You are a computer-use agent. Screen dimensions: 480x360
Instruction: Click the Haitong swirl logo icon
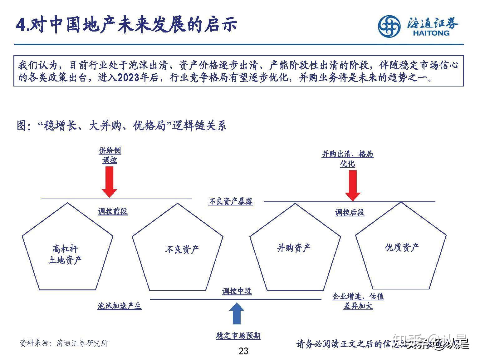[x=389, y=27]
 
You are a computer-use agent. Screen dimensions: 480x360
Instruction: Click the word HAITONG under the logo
[x=431, y=33]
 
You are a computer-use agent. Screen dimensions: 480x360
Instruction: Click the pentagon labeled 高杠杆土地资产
[x=67, y=250]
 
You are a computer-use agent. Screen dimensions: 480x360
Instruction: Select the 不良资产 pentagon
[x=178, y=250]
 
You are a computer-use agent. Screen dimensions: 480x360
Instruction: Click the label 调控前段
[x=113, y=212]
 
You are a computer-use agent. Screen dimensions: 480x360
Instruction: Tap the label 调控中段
[x=237, y=291]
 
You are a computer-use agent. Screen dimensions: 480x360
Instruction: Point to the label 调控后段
[x=350, y=213]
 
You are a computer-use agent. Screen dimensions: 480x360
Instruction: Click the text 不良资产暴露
[x=230, y=201]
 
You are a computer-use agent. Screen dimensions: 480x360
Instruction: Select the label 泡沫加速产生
[x=120, y=306]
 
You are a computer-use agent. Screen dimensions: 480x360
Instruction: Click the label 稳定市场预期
[x=238, y=336]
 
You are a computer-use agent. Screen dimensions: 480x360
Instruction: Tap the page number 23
[x=243, y=351]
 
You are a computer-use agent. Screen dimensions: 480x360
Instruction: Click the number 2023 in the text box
[x=129, y=77]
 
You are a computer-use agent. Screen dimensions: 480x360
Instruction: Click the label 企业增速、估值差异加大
[x=358, y=301]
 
